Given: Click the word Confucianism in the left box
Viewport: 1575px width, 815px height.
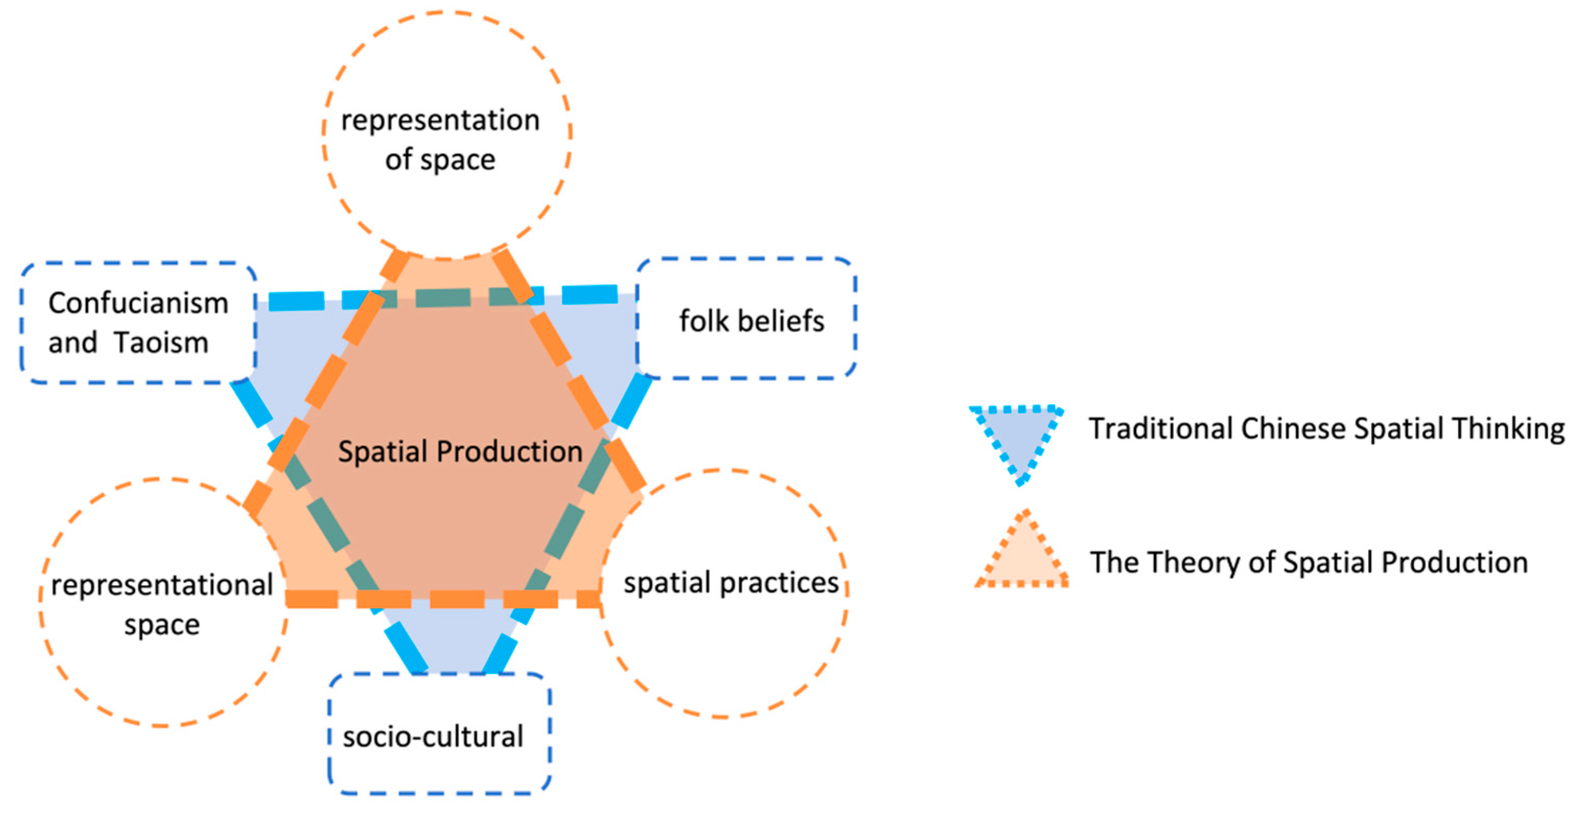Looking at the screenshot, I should tap(138, 303).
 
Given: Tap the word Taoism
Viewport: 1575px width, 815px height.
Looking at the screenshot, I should tap(161, 342).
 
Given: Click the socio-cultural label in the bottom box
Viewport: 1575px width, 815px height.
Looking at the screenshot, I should tap(433, 736).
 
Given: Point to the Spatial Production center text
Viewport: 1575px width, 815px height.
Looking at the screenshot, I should tap(460, 452).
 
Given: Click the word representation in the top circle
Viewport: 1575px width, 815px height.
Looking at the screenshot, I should tap(440, 120).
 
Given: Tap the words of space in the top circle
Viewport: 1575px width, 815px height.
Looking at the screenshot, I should tap(440, 159).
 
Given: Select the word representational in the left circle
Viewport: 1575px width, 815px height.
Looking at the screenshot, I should tap(162, 585).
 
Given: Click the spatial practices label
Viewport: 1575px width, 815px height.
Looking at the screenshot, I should tap(731, 583).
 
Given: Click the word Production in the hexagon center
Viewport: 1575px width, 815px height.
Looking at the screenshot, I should tap(509, 452).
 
